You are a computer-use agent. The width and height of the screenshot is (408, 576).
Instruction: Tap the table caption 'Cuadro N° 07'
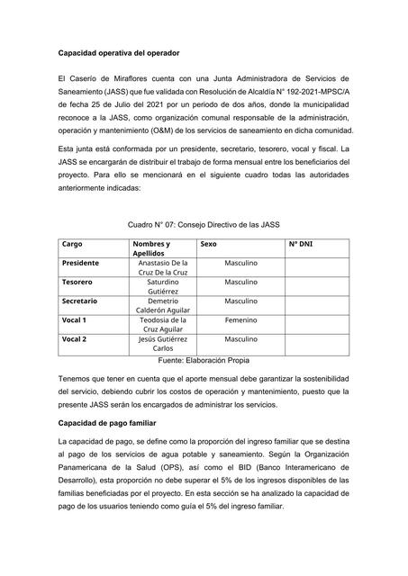click(x=204, y=223)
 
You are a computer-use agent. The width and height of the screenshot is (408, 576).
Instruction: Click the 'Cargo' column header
click(x=72, y=244)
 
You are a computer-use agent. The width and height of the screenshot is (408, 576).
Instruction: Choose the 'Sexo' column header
click(x=208, y=244)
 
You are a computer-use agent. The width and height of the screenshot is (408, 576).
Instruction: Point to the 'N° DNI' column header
click(x=302, y=244)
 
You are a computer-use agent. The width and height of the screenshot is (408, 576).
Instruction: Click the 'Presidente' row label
click(x=81, y=263)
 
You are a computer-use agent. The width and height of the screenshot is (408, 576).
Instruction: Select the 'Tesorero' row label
click(x=77, y=282)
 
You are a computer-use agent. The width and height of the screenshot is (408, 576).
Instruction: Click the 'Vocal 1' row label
click(x=74, y=319)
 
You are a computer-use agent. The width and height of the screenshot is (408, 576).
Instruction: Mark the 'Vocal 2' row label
click(x=74, y=338)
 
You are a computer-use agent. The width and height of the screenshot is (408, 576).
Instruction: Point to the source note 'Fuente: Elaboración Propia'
click(x=204, y=359)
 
